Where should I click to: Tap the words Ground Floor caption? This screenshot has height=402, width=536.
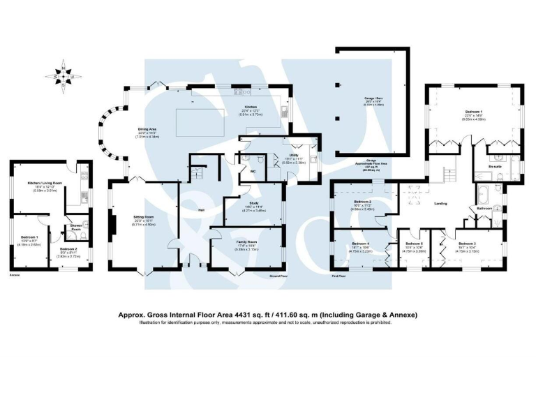coord(278,276)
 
